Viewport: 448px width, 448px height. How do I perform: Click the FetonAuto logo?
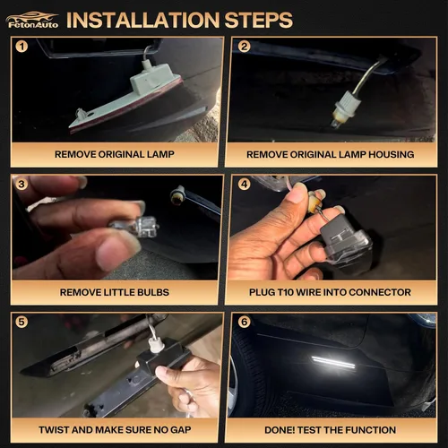(32, 21)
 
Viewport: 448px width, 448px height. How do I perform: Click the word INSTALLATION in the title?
(143, 21)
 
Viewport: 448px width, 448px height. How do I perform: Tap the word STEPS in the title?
(259, 21)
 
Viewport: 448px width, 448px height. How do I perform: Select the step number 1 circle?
(22, 47)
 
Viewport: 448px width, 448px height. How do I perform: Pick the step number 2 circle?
(244, 47)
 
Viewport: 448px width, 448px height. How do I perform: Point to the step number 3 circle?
(22, 184)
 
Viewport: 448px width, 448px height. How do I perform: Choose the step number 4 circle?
(244, 184)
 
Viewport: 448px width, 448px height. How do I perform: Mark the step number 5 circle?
(22, 322)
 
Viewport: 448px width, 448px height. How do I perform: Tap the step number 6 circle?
(244, 322)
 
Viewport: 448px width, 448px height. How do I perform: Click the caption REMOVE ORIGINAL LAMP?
(115, 154)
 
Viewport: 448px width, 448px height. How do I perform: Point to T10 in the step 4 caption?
(285, 292)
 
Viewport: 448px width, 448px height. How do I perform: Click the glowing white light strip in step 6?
(333, 362)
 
